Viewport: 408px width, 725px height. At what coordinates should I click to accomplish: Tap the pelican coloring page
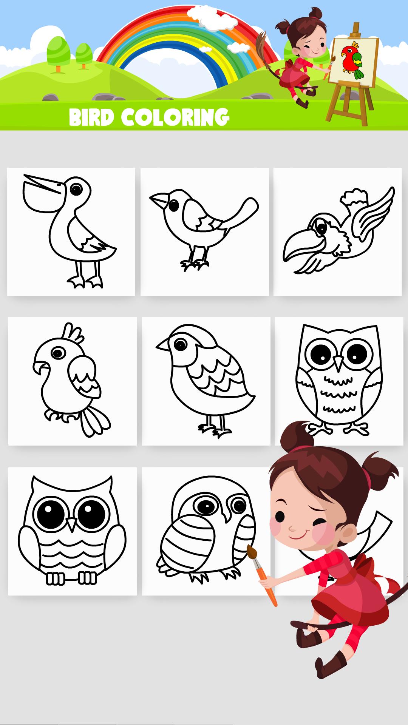pyautogui.click(x=71, y=231)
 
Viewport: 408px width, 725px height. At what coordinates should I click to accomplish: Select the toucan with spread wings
pyautogui.click(x=337, y=231)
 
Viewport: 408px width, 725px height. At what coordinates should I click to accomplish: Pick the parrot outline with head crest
pyautogui.click(x=72, y=381)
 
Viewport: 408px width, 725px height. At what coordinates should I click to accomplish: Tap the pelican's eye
pyautogui.click(x=76, y=189)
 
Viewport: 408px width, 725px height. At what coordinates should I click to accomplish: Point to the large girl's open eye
pyautogui.click(x=280, y=516)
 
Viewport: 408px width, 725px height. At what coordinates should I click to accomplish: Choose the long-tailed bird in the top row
pyautogui.click(x=204, y=231)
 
